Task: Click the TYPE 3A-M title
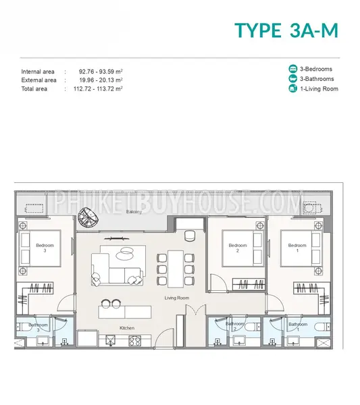tap(286, 30)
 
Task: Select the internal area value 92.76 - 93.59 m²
tap(101, 72)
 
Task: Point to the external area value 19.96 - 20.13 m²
tap(101, 80)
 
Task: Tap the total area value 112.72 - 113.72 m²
tap(98, 89)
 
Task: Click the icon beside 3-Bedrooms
tap(293, 69)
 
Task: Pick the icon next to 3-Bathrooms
tap(293, 78)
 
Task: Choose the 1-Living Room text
tap(319, 89)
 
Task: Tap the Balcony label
tap(134, 212)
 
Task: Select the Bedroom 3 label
tap(45, 248)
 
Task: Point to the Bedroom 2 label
tap(238, 248)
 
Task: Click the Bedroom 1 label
tap(297, 248)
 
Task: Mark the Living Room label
tap(177, 298)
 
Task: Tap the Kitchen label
tap(127, 328)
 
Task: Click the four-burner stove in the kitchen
tap(135, 341)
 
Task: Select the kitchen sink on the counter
tap(111, 340)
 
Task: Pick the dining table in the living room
tap(176, 269)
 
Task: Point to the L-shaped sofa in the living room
tap(116, 269)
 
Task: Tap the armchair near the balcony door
tap(190, 236)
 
